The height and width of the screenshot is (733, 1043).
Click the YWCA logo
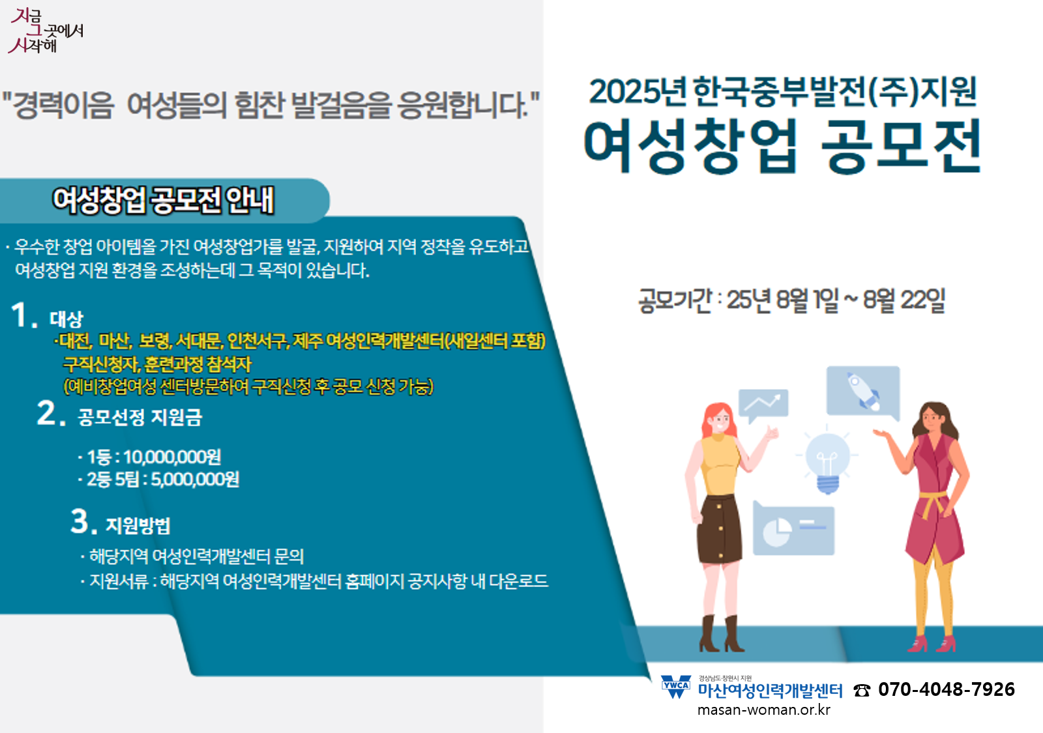676,687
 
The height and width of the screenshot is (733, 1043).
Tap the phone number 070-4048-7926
946,689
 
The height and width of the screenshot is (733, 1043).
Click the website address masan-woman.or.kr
763,710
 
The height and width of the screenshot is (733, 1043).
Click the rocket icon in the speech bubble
863,392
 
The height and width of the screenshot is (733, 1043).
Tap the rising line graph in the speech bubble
762,402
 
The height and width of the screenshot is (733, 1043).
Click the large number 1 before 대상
20,315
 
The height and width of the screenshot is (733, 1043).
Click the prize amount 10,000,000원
172,457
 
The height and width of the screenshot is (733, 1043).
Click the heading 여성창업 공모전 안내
164,201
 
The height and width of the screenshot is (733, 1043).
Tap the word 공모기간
675,300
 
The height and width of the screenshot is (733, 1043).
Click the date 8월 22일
904,300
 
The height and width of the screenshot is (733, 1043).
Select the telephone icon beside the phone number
862,691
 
